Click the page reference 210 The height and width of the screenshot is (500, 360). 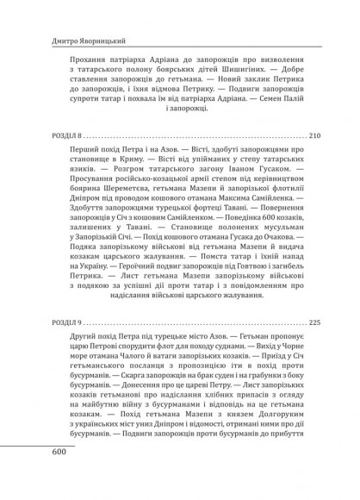(313, 136)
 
